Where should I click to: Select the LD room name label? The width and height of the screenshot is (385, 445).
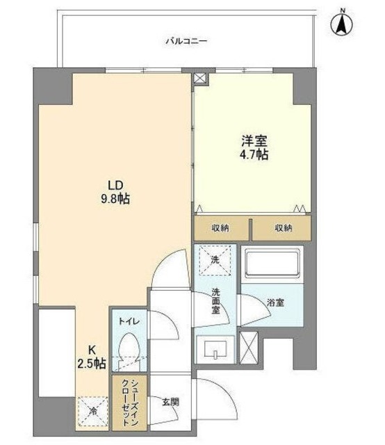click(x=116, y=185)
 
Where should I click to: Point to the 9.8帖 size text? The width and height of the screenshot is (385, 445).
click(x=116, y=200)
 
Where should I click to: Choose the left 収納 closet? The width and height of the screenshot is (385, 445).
click(x=221, y=228)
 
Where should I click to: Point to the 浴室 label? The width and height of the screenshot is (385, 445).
click(x=275, y=302)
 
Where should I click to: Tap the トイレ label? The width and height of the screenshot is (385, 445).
click(x=127, y=322)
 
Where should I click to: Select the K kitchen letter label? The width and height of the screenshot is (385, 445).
click(x=91, y=350)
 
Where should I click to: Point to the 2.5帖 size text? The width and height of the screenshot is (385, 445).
click(x=92, y=364)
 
